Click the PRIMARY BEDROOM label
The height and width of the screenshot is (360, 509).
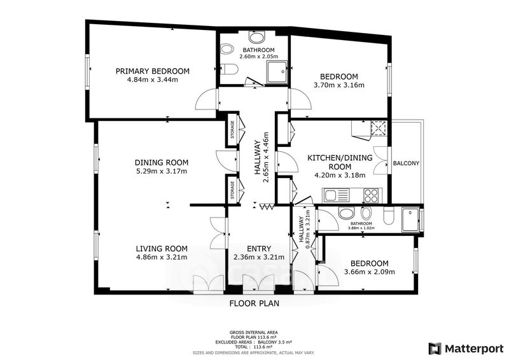[x=153, y=71]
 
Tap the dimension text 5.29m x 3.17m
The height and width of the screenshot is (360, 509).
[x=162, y=171]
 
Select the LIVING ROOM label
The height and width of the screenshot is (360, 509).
[x=162, y=249]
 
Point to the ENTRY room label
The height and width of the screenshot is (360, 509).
[x=259, y=249]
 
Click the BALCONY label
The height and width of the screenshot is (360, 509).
[x=406, y=163]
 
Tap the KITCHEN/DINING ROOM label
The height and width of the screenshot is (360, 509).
[x=340, y=162]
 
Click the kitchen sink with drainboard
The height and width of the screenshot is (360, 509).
[x=335, y=195]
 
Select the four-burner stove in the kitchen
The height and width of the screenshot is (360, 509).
[x=371, y=195]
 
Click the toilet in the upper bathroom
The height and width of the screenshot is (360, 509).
[x=229, y=69]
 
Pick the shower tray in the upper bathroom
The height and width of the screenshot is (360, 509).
[x=277, y=71]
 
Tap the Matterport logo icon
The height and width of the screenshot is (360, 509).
[x=435, y=349]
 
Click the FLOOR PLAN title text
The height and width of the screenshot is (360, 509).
[x=254, y=303]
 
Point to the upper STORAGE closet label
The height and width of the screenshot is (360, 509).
[x=232, y=130]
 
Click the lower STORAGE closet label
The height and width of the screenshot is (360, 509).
[x=232, y=190]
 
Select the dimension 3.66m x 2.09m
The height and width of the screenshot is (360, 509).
[x=370, y=272]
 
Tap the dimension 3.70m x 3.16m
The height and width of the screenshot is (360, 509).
[x=339, y=85]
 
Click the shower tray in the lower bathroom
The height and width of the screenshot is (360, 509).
[x=410, y=220]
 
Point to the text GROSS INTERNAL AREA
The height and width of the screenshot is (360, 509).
[x=253, y=333]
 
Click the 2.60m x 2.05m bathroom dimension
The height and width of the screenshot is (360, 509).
[x=259, y=56]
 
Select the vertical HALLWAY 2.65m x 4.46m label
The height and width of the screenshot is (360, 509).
[x=261, y=157]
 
